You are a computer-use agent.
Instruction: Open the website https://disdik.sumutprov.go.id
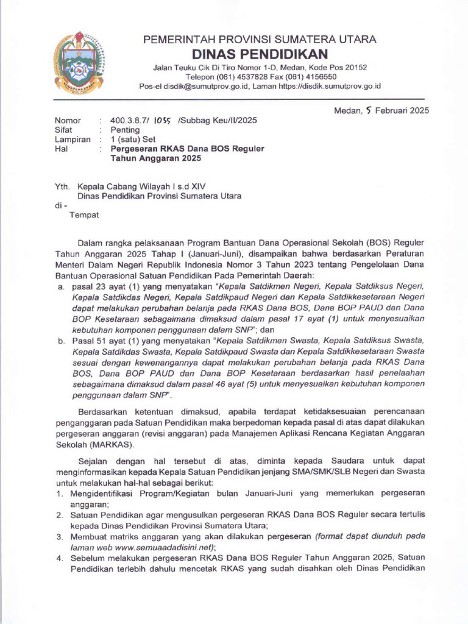(330, 87)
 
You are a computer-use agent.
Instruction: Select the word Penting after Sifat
(124, 130)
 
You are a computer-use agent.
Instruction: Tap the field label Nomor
(68, 120)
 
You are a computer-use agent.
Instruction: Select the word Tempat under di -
(84, 215)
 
